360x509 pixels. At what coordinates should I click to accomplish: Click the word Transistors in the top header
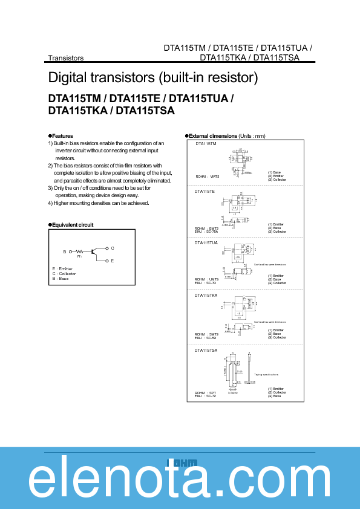(66, 58)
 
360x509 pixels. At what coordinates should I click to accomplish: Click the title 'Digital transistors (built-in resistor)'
(153, 78)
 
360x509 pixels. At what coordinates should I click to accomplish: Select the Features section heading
(62, 136)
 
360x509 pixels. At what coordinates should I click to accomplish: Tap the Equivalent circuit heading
(72, 224)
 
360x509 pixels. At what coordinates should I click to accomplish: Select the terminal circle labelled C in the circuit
(106, 248)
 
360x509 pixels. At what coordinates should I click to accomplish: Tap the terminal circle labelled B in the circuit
(70, 251)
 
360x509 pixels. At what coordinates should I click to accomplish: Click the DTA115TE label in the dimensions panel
(205, 191)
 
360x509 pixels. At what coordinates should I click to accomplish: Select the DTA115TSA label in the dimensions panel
(206, 350)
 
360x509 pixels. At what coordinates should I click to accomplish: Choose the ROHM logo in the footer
(182, 462)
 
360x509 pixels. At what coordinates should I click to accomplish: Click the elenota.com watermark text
(180, 481)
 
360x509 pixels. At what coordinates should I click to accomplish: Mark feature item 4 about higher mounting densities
(99, 203)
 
